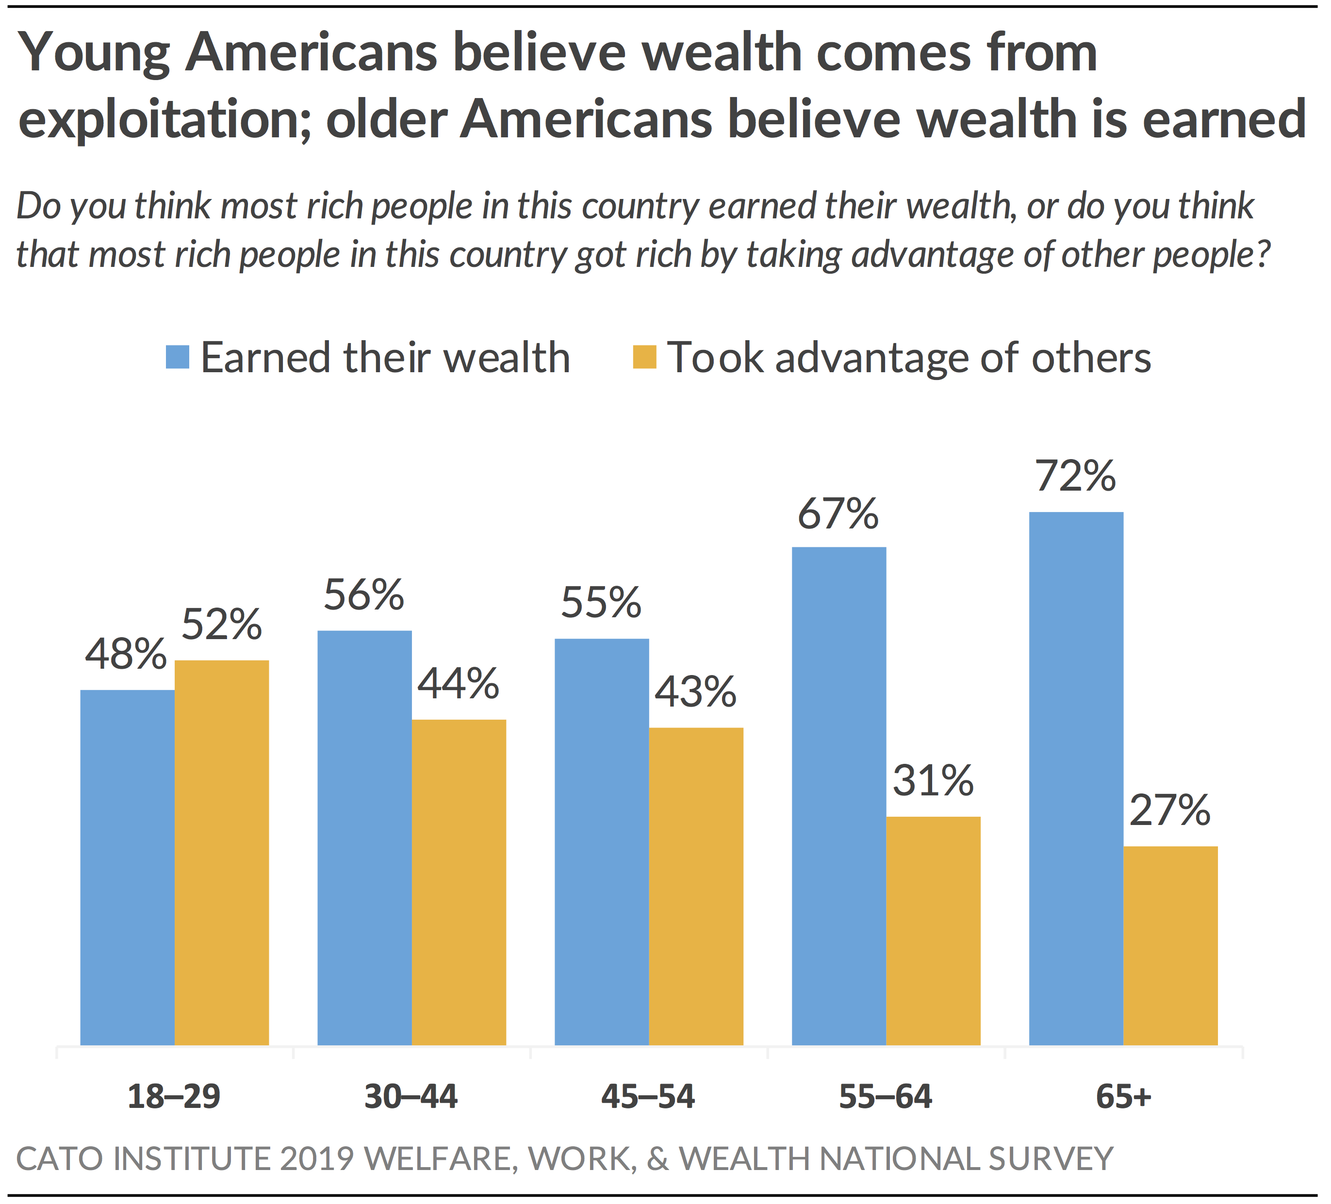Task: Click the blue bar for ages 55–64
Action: point(838,796)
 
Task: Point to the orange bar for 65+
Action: point(1170,945)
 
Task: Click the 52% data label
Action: point(222,624)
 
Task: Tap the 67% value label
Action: point(838,514)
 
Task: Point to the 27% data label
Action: point(1170,810)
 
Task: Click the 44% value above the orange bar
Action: point(458,684)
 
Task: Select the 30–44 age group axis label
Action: point(411,1097)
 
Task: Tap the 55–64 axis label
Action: point(886,1097)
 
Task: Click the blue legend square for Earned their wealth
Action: point(178,357)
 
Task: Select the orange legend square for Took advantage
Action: point(644,357)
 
